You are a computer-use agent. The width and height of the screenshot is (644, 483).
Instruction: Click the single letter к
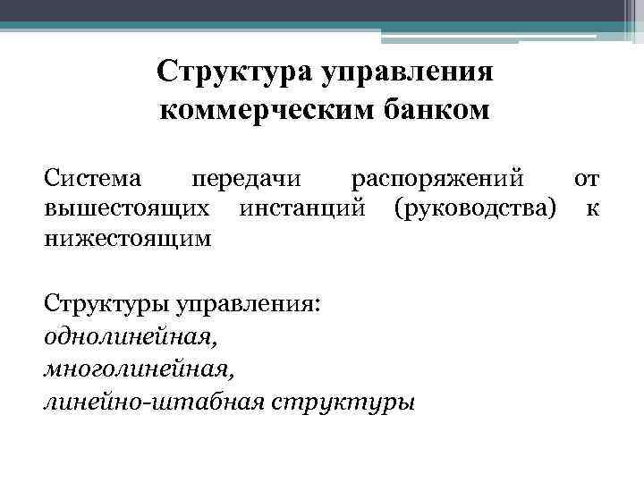pos(592,209)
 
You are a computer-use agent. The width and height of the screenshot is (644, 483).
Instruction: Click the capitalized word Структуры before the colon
pos(99,305)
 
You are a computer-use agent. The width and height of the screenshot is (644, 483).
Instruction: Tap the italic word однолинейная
pos(130,337)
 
